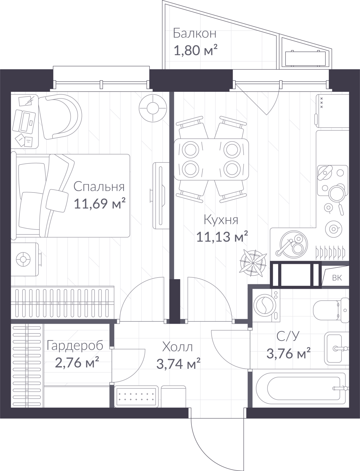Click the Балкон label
[x=194, y=34]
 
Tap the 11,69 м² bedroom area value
[x=99, y=203]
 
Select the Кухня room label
[x=221, y=220]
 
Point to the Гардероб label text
[x=75, y=346]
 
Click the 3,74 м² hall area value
[x=179, y=364]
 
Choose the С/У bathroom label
[x=288, y=336]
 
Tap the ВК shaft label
[x=337, y=278]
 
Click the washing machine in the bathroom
[x=266, y=306]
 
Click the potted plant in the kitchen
[x=253, y=263]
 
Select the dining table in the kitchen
[x=211, y=159]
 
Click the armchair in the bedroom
[x=60, y=117]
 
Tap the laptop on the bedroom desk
[x=24, y=122]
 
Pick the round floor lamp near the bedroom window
[x=153, y=108]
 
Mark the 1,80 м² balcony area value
[x=196, y=50]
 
